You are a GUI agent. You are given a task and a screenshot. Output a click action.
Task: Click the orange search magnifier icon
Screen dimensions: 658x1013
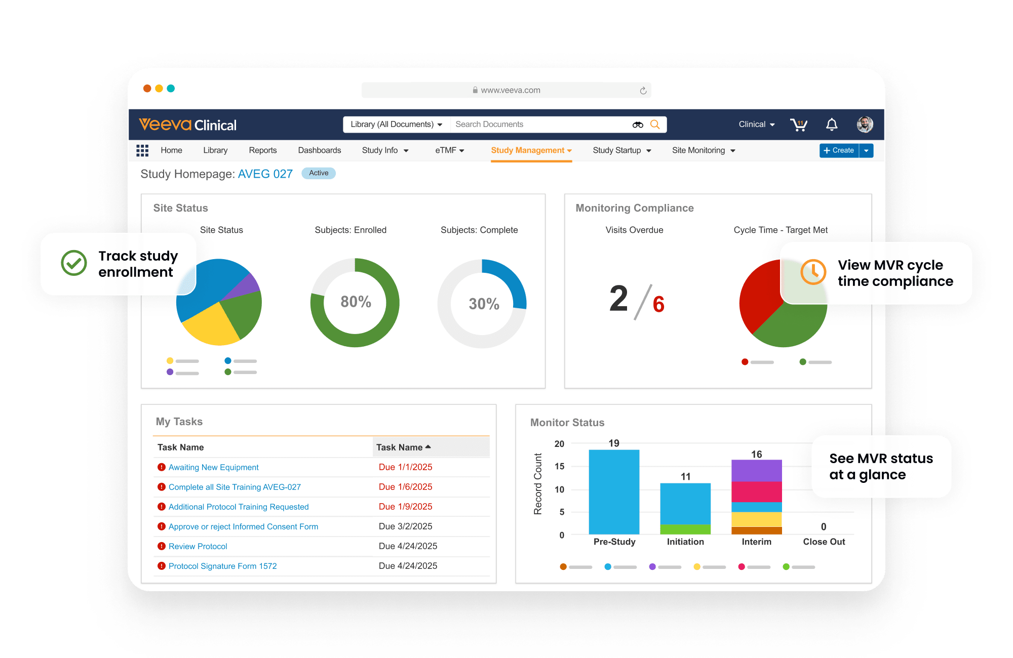click(x=655, y=125)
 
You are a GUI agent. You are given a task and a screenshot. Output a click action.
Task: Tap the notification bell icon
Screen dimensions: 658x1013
click(x=832, y=125)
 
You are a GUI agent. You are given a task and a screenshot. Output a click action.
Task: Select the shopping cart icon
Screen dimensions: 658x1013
click(x=799, y=125)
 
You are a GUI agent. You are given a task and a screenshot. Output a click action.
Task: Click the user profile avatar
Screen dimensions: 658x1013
click(x=865, y=125)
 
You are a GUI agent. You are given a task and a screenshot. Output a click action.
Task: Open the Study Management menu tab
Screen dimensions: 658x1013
click(x=531, y=150)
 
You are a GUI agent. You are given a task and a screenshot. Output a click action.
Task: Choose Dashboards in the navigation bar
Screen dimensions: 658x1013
click(x=319, y=150)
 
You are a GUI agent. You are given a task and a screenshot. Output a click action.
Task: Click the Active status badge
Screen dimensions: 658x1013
click(x=319, y=173)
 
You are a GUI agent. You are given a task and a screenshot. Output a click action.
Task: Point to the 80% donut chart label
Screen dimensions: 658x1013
click(x=356, y=302)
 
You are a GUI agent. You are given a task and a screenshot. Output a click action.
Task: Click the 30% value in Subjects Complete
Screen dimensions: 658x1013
click(x=484, y=304)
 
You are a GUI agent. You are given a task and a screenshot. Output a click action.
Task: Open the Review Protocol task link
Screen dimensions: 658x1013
click(x=198, y=547)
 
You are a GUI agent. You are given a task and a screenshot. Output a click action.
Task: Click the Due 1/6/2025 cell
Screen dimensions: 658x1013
click(x=405, y=487)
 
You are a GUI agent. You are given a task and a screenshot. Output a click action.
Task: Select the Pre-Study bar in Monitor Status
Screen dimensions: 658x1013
click(x=614, y=491)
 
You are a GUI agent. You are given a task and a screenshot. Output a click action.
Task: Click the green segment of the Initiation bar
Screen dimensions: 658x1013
click(x=685, y=529)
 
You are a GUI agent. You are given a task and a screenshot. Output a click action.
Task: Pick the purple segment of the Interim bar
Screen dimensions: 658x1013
click(x=756, y=470)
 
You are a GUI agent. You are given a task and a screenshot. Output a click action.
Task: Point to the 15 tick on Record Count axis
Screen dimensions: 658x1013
click(x=559, y=466)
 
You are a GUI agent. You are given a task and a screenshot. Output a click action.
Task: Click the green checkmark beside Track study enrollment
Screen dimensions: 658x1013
click(x=74, y=263)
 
